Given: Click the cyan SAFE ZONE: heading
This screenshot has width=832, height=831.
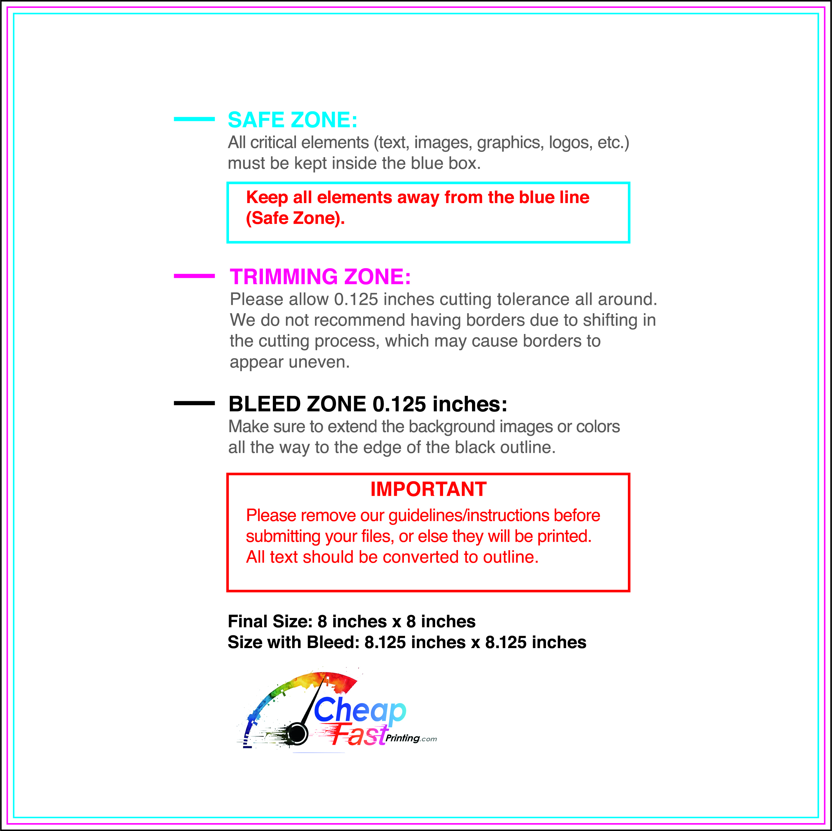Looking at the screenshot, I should coord(292,120).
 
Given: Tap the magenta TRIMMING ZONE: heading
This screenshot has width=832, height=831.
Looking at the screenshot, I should coord(320,277).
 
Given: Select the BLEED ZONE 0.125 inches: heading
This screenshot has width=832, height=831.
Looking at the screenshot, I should coord(368,404).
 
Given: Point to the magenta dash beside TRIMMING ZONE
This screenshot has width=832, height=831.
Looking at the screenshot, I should coord(194,276).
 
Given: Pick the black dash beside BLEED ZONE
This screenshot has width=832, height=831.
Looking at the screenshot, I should coord(194,403).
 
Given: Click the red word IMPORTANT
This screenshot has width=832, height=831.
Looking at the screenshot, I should coord(428,489).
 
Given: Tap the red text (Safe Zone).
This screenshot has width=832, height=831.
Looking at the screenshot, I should coord(295,218).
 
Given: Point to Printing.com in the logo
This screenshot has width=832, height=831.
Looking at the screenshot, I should coord(411,738).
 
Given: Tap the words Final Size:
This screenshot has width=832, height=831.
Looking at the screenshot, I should coord(270,621).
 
